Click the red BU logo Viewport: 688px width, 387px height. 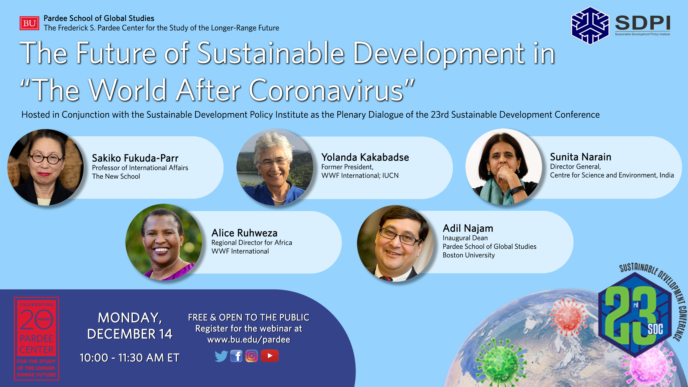29,23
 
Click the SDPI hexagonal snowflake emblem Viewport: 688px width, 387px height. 590,26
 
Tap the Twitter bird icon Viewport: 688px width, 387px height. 221,356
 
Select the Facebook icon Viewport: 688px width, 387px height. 236,356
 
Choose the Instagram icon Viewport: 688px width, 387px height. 252,356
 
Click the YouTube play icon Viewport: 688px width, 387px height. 270,356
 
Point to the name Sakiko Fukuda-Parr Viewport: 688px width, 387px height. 135,158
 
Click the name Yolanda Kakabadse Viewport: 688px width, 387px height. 365,157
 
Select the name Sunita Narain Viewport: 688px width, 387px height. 581,157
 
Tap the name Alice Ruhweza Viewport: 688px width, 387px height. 244,233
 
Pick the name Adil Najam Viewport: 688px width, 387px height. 468,228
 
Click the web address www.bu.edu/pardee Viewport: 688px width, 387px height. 249,340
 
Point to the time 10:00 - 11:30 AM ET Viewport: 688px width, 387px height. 130,358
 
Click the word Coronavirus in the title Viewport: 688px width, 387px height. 326,90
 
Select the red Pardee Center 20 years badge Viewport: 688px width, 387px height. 37,339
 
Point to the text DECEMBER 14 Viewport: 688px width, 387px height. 130,334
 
